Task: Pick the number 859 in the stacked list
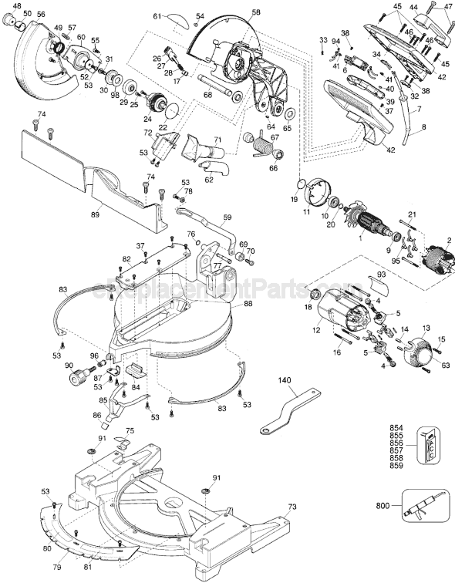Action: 396,467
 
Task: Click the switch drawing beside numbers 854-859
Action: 429,446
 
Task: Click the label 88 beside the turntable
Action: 248,304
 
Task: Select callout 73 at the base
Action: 292,507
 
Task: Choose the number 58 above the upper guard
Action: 256,12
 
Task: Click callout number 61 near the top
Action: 157,16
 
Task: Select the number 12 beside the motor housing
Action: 315,331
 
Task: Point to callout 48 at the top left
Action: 17,6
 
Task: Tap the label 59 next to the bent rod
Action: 227,217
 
